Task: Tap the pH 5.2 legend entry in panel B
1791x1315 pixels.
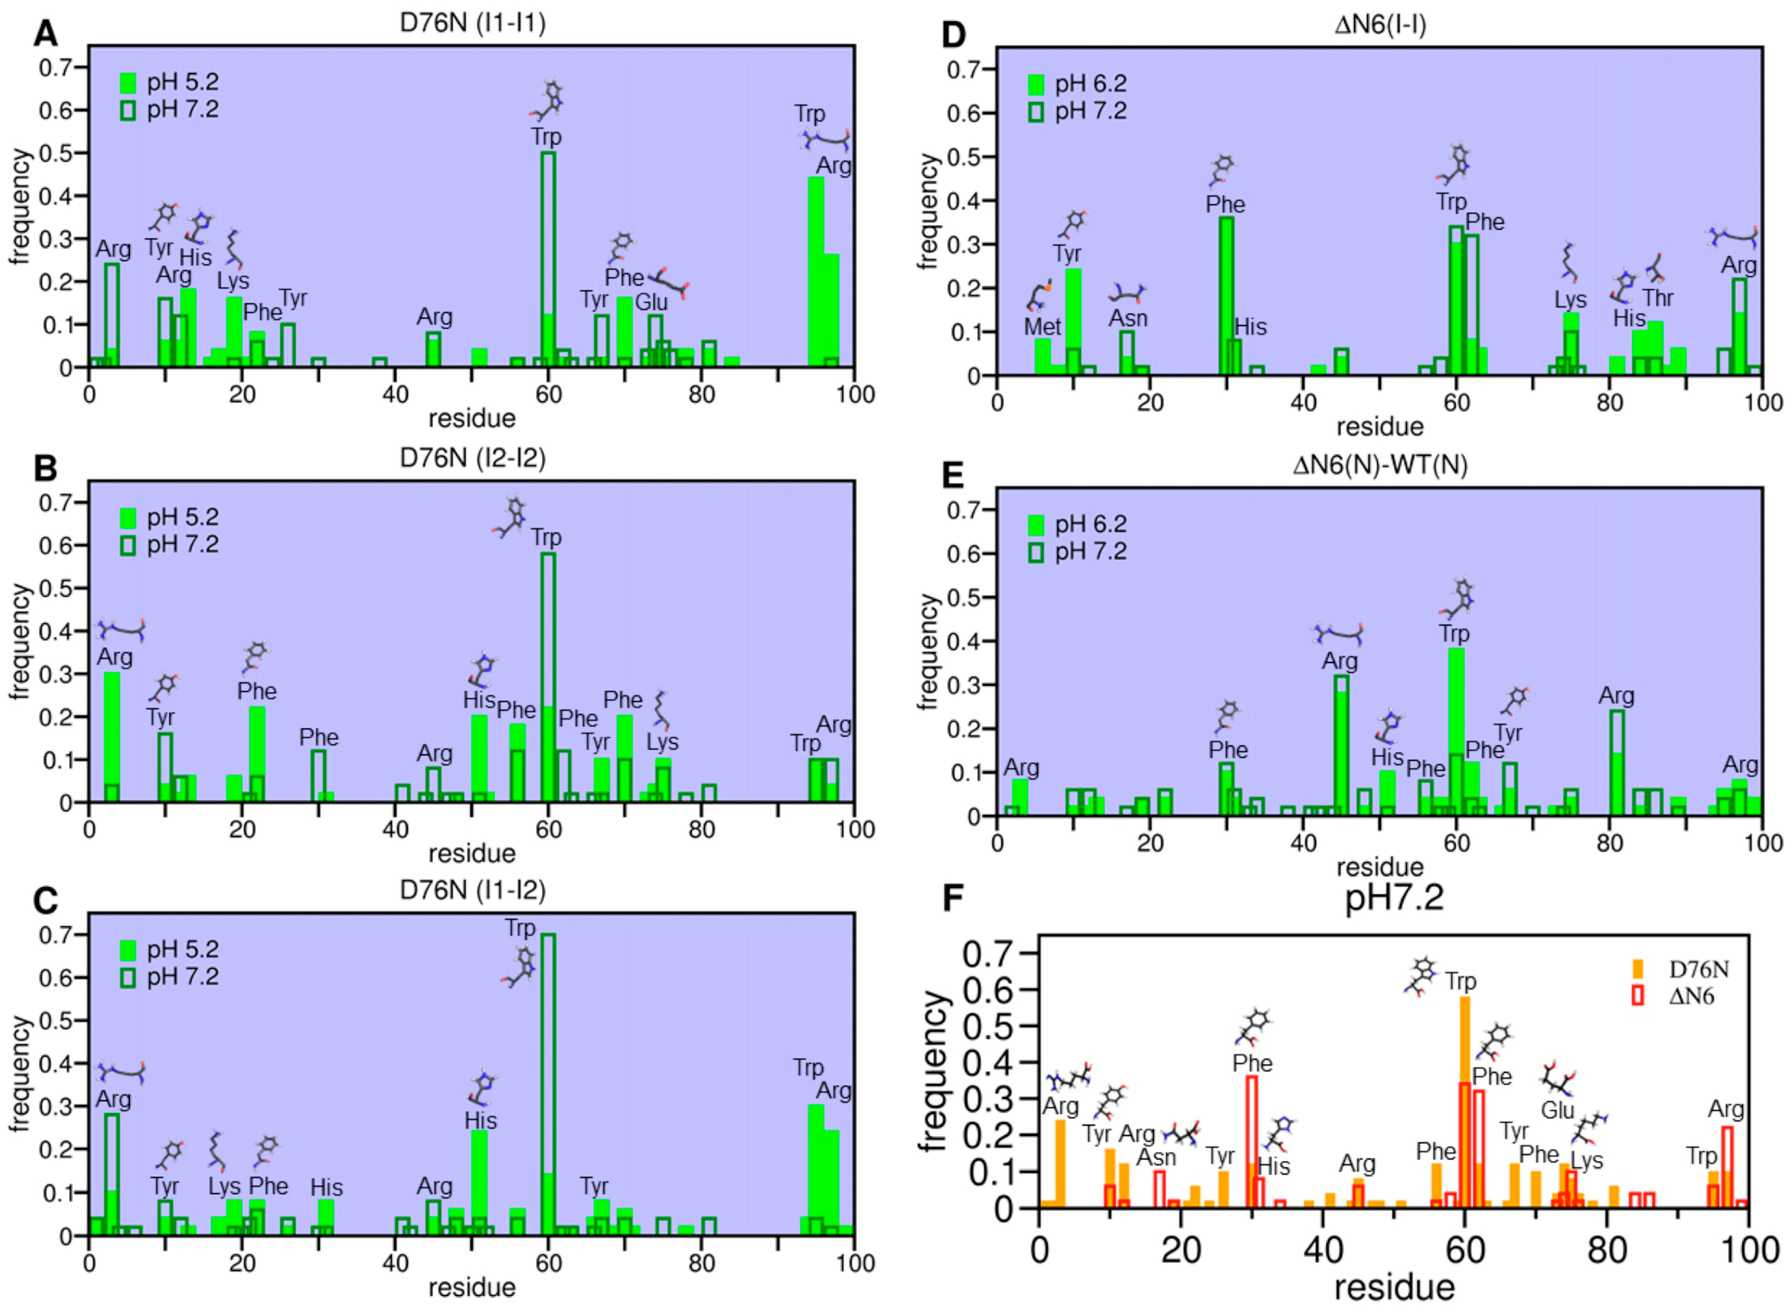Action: coord(169,518)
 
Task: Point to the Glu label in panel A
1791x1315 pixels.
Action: coord(650,302)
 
